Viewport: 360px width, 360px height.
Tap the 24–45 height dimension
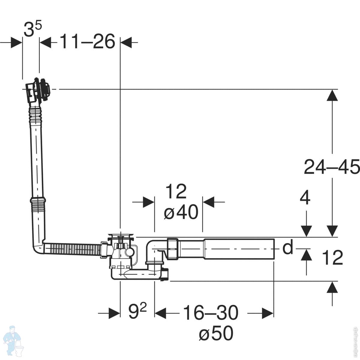[x=331, y=167]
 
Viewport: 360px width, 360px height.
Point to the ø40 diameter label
[x=181, y=212]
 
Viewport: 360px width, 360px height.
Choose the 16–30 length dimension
[x=211, y=313]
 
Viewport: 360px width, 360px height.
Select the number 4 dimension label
[x=305, y=198]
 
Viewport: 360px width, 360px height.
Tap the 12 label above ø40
[x=176, y=192]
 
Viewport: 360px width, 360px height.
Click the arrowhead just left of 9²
[x=114, y=313]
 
